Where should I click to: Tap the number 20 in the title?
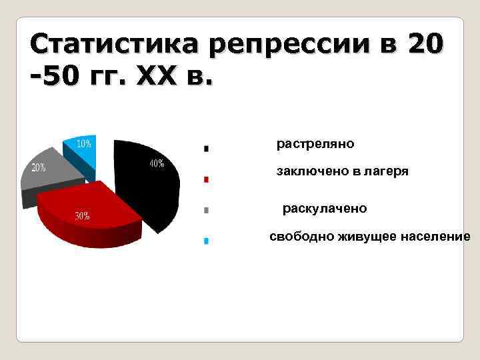pos(423,45)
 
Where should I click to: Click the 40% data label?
pos(157,163)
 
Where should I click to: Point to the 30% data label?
pos(83,216)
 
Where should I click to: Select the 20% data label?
pos(38,167)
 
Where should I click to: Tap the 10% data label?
pos(84,143)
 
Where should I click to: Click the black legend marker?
pos(207,148)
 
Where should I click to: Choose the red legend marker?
pos(207,179)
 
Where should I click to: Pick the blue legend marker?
pos(207,241)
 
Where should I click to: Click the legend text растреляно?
pos(315,143)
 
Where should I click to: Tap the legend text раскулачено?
pos(325,209)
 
